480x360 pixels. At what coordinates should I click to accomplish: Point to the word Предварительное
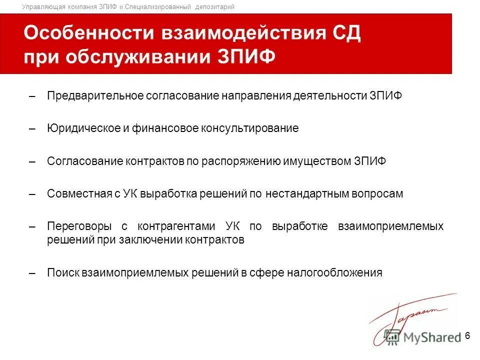click(95, 96)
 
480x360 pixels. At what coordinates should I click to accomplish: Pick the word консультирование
click(250, 128)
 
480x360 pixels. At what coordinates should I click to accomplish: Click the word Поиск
click(62, 272)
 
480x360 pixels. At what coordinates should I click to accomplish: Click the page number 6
click(467, 336)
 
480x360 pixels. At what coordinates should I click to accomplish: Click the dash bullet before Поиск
click(32, 273)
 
